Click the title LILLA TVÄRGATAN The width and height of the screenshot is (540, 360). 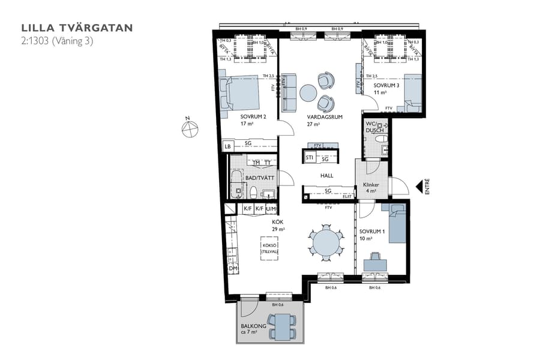[x=77, y=28]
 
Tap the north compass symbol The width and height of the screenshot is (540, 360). [x=190, y=128]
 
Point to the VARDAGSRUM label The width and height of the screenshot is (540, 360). [x=325, y=117]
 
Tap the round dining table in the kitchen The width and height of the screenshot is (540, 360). [x=326, y=242]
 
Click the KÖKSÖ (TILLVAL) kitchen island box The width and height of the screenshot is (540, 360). [x=270, y=248]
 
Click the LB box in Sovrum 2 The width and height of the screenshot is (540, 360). [x=227, y=146]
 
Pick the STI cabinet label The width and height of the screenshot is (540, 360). [x=310, y=158]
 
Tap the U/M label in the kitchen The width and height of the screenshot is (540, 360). [x=271, y=208]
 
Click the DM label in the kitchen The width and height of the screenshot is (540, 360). [x=233, y=268]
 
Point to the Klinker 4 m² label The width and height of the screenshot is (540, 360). [x=371, y=188]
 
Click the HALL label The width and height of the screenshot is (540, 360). [x=326, y=176]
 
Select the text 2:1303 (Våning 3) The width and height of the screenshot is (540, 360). [x=57, y=41]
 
